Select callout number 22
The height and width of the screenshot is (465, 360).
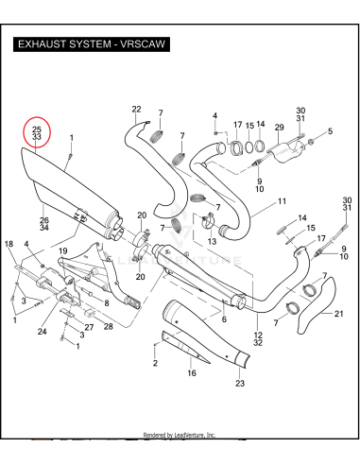point(136,110)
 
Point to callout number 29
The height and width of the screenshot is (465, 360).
point(279,127)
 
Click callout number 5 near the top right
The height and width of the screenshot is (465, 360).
point(330,130)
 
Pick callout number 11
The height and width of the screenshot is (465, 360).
point(282,202)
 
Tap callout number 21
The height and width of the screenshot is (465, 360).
point(339,314)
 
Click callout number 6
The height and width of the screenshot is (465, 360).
point(223,319)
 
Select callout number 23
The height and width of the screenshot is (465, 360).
point(239,383)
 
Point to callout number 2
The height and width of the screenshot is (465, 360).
point(155,363)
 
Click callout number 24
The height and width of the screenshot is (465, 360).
point(43,332)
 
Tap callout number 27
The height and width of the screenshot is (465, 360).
point(89,327)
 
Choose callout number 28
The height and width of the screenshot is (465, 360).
point(109,326)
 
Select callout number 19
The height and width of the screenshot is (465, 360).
point(63,250)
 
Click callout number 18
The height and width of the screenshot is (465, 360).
point(9,244)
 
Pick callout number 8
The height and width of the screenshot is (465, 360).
point(107,302)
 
